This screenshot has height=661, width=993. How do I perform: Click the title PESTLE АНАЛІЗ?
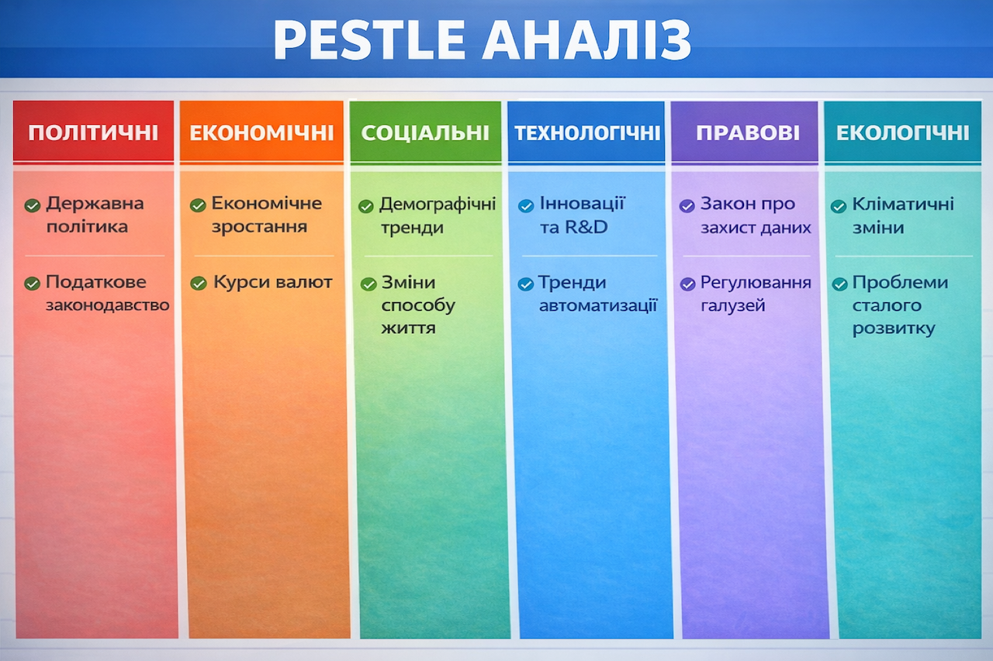coord(482,40)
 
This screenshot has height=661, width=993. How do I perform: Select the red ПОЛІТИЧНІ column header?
coord(93,133)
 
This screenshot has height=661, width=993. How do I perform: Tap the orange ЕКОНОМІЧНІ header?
coord(261,133)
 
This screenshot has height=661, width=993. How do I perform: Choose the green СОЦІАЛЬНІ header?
coord(425,133)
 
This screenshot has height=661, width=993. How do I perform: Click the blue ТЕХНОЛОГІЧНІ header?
coord(586,133)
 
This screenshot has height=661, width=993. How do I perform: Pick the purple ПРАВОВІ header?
coord(747,133)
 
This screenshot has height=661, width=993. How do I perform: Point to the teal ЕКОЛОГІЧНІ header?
coord(902,133)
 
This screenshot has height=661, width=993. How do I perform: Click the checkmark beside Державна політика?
coord(32,205)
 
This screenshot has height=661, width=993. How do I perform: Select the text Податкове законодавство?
coord(107,294)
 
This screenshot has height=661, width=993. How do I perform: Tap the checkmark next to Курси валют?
coord(199,284)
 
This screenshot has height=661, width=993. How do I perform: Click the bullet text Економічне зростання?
coord(266,215)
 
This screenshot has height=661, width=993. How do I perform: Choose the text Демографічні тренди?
coord(437,216)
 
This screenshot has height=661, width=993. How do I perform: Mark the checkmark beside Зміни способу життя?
coord(368,284)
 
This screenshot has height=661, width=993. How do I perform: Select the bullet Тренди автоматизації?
coord(598,294)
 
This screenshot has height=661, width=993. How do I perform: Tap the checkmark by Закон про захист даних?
coord(687,205)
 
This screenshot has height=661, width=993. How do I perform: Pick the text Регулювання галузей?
coord(755,294)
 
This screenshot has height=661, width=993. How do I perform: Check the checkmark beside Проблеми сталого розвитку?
coord(839,284)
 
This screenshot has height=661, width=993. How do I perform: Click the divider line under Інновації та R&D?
coord(589,256)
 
